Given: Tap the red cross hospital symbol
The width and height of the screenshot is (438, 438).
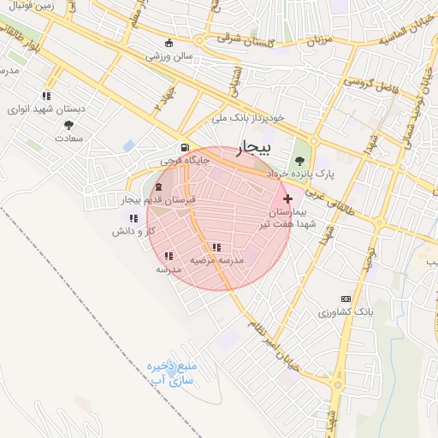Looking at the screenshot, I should pos(287,198).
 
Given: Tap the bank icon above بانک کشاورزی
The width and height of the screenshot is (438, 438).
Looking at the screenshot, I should pos(346,299).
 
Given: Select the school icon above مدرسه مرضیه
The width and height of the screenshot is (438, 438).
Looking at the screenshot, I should pos(216,247).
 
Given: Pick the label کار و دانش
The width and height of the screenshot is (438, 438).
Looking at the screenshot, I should pos(137,232).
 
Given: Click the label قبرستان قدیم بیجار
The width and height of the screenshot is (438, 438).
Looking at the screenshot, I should pos(160,199).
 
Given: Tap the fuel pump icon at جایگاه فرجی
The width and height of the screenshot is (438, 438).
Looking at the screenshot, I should pos(185,147).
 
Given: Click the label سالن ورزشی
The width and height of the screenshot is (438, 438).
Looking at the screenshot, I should pos(169,56).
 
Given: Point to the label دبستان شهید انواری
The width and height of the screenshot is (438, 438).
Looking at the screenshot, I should pos(43,109).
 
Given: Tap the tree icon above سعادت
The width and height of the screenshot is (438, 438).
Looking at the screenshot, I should pos(68,125).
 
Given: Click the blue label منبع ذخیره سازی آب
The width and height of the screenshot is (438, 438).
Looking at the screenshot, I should pos(172,371).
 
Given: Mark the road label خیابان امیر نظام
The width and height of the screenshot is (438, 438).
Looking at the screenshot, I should pos(275,328).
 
